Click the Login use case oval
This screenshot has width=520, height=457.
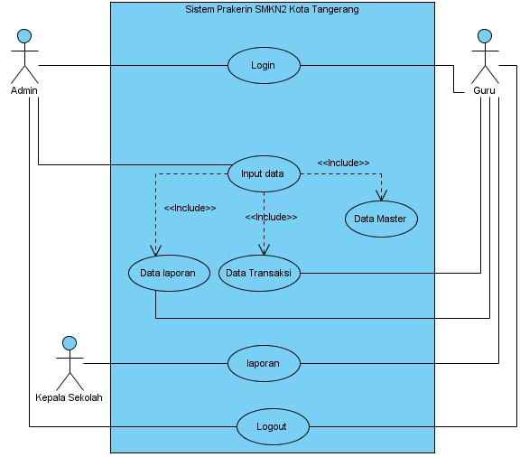(x=264, y=65)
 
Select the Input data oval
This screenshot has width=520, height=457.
(x=264, y=174)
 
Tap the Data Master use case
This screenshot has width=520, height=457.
(x=381, y=219)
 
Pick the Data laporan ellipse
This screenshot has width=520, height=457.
(x=169, y=273)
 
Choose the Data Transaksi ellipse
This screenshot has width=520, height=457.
(x=259, y=273)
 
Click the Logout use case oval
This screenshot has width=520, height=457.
(x=273, y=427)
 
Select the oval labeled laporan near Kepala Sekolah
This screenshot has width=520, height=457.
(x=264, y=363)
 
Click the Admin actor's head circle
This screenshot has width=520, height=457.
(x=24, y=36)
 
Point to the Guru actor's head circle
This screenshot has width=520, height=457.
(x=485, y=36)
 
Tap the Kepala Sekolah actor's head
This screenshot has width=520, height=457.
(x=70, y=343)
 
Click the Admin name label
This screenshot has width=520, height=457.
(x=23, y=90)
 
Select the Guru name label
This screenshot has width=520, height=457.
(x=484, y=90)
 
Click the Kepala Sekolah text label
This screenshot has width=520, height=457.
(x=69, y=397)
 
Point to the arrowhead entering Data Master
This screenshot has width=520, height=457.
(x=381, y=196)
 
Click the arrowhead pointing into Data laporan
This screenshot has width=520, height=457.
(x=155, y=250)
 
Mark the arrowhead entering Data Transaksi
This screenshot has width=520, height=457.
(x=264, y=250)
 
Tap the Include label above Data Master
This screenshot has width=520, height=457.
(x=343, y=163)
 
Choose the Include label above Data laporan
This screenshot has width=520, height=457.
(x=190, y=208)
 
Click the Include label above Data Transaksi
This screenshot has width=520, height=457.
(x=271, y=217)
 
